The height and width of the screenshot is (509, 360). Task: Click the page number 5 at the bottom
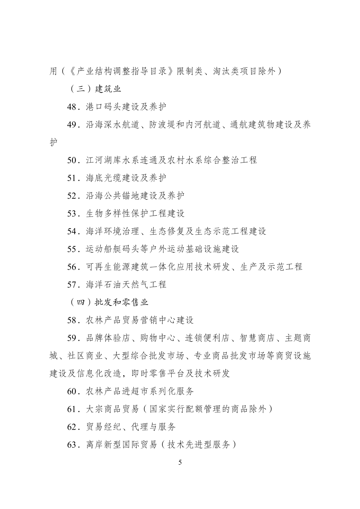[180, 462]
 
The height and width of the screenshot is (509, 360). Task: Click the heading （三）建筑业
[95, 89]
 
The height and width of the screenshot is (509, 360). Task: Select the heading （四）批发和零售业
[109, 302]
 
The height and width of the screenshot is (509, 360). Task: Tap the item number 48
[72, 107]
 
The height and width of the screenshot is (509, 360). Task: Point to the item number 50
[72, 160]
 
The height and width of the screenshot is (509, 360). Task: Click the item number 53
[72, 214]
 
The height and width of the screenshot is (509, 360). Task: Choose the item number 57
[72, 285]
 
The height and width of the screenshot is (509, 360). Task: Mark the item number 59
[72, 338]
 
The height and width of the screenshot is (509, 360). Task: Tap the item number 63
[72, 445]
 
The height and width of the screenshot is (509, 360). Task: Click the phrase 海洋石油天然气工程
[126, 285]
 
